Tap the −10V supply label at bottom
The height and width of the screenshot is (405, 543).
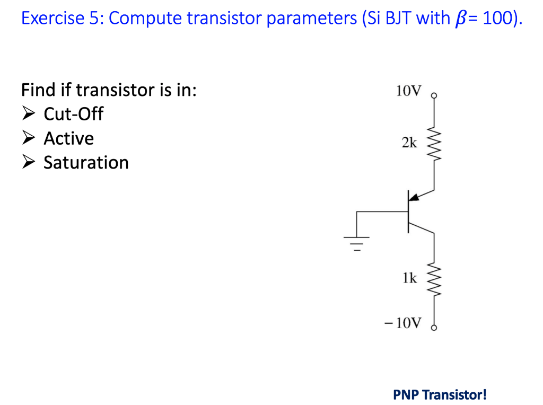click(404, 323)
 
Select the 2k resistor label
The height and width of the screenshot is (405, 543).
click(409, 143)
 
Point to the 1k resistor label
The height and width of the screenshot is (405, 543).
click(409, 278)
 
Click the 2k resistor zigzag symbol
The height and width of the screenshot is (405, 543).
click(434, 143)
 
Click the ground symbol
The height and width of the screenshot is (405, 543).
click(357, 243)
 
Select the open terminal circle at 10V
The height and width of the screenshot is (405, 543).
click(434, 96)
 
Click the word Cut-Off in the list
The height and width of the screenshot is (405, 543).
click(73, 114)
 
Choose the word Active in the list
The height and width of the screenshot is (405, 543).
click(68, 138)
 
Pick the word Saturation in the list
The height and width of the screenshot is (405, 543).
click(86, 163)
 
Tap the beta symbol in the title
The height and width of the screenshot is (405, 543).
click(459, 20)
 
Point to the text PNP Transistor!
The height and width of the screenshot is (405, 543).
click(440, 394)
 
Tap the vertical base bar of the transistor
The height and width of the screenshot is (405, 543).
click(408, 212)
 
